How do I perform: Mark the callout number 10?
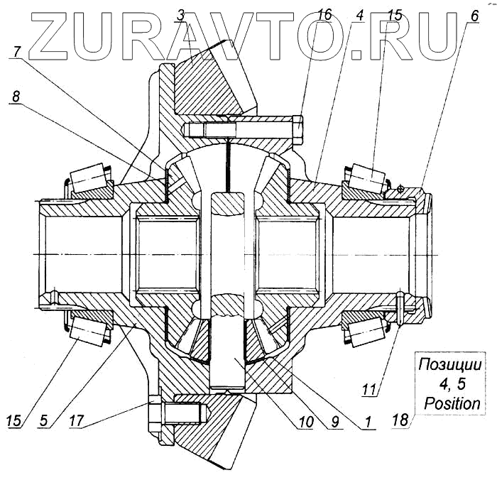(x=305, y=421)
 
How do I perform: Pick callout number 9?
(x=336, y=421)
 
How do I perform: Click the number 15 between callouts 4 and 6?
(x=395, y=15)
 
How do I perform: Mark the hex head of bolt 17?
(x=156, y=413)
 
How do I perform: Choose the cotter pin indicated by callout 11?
(x=401, y=305)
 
